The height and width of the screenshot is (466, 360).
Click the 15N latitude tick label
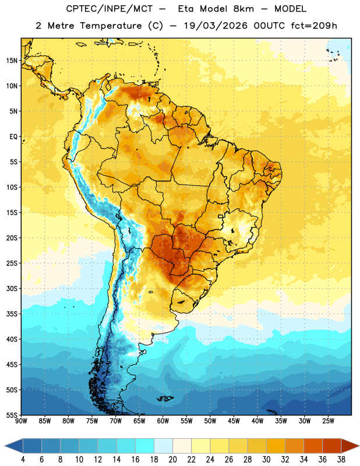click(x=12, y=61)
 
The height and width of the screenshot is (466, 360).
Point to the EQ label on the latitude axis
click(x=13, y=137)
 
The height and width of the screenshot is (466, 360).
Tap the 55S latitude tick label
click(x=12, y=415)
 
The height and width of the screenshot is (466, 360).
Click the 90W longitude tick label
click(x=21, y=421)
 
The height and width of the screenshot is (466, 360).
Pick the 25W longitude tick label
click(x=328, y=421)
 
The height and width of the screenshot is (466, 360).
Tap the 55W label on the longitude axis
click(x=186, y=421)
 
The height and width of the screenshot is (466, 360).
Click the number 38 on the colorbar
click(x=341, y=460)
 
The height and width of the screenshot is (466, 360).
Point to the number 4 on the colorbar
click(x=23, y=460)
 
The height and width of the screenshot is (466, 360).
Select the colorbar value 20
click(x=172, y=460)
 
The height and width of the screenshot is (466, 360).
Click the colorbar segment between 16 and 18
click(x=145, y=446)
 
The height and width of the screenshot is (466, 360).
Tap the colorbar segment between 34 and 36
click(x=313, y=446)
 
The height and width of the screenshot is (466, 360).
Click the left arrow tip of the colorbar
click(x=5, y=446)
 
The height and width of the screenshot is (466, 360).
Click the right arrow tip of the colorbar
click(x=359, y=446)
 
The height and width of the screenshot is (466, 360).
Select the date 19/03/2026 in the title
click(x=216, y=26)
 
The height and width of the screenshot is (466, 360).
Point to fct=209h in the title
click(x=314, y=26)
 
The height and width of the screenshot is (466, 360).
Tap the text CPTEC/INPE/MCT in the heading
click(x=110, y=9)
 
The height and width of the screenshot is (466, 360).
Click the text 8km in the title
click(x=243, y=9)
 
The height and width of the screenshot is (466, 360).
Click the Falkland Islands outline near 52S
click(x=165, y=398)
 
